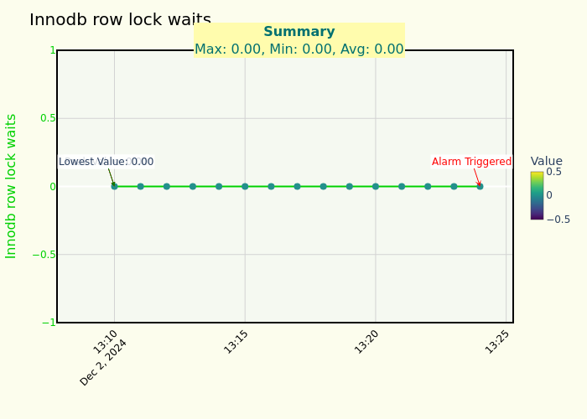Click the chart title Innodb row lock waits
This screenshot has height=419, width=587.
(x=120, y=19)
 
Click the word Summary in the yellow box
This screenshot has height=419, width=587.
(x=299, y=32)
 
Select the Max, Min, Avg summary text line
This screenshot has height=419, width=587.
(x=299, y=49)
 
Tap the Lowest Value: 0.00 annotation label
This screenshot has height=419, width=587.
(x=106, y=162)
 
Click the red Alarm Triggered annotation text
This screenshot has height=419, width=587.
(x=471, y=162)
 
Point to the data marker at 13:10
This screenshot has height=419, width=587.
(x=114, y=186)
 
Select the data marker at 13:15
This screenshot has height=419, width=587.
(x=245, y=186)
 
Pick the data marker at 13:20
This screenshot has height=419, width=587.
(x=376, y=186)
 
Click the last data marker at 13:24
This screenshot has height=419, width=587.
(x=480, y=186)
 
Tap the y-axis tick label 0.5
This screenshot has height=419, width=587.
(x=48, y=118)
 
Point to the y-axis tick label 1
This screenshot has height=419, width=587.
(x=52, y=50)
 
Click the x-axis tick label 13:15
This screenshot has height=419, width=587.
(x=236, y=342)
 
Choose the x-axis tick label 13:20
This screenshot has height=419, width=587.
(x=366, y=342)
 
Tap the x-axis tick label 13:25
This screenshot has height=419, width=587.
(x=497, y=342)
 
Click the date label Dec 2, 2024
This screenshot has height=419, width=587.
(x=104, y=362)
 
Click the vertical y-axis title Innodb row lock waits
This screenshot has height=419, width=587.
(x=12, y=186)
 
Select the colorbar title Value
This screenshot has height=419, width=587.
(x=546, y=161)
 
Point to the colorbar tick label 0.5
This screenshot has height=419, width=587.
(x=554, y=172)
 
